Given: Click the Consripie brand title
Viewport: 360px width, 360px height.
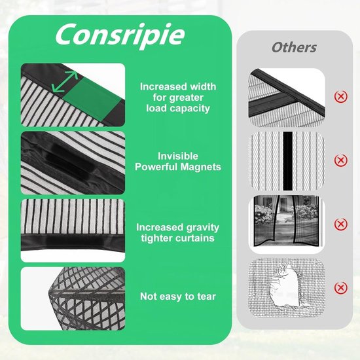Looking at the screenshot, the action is pyautogui.click(x=120, y=35).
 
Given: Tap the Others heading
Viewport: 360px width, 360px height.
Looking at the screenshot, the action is pyautogui.click(x=294, y=48).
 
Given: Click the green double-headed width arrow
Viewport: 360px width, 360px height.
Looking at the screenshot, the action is pyautogui.click(x=65, y=82).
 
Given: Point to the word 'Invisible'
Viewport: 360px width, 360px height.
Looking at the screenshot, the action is pyautogui.click(x=178, y=156).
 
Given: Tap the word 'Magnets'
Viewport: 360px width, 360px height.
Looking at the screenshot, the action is pyautogui.click(x=201, y=167).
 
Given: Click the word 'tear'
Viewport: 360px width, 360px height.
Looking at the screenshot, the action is pyautogui.click(x=207, y=297).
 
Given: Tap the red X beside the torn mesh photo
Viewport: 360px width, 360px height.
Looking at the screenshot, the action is pyautogui.click(x=341, y=288).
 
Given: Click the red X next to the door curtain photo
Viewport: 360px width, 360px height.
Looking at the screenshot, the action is pyautogui.click(x=341, y=224).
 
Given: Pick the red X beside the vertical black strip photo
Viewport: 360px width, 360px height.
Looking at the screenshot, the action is pyautogui.click(x=341, y=160).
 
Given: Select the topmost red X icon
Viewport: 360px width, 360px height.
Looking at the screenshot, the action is pyautogui.click(x=341, y=96).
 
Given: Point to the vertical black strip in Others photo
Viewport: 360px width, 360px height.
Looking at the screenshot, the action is pyautogui.click(x=288, y=161).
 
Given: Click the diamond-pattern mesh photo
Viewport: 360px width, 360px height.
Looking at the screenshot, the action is pyautogui.click(x=73, y=298).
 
